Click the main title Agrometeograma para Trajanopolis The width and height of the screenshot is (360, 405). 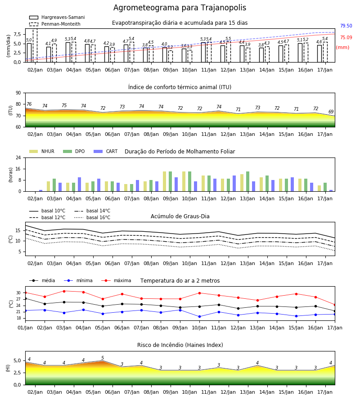point(180,8)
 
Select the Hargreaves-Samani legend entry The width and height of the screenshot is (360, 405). point(57,17)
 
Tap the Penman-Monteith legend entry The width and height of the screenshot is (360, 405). point(55,24)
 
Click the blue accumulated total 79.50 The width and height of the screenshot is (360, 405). point(346,26)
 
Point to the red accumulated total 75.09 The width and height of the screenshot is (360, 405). point(346,37)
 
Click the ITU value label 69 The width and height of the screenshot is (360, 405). point(331,112)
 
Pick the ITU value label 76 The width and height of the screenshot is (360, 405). point(29,104)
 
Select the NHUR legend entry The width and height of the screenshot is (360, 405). point(42,151)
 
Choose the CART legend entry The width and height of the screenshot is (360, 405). point(106,151)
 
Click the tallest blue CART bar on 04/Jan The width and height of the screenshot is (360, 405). point(79,184)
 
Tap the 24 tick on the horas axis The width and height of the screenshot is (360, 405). point(18,157)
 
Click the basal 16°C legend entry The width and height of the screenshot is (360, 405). point(92,218)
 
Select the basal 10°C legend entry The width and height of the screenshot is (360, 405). point(47,211)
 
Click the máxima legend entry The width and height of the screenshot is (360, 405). point(116,280)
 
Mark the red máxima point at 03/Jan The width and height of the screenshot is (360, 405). point(64,291)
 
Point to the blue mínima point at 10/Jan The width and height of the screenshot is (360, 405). point(200,316)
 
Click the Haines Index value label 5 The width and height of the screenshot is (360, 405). point(103,358)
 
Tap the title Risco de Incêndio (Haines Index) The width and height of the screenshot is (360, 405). point(180,345)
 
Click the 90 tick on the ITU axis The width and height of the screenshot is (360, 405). point(18,93)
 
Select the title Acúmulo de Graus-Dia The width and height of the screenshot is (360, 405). point(180,216)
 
